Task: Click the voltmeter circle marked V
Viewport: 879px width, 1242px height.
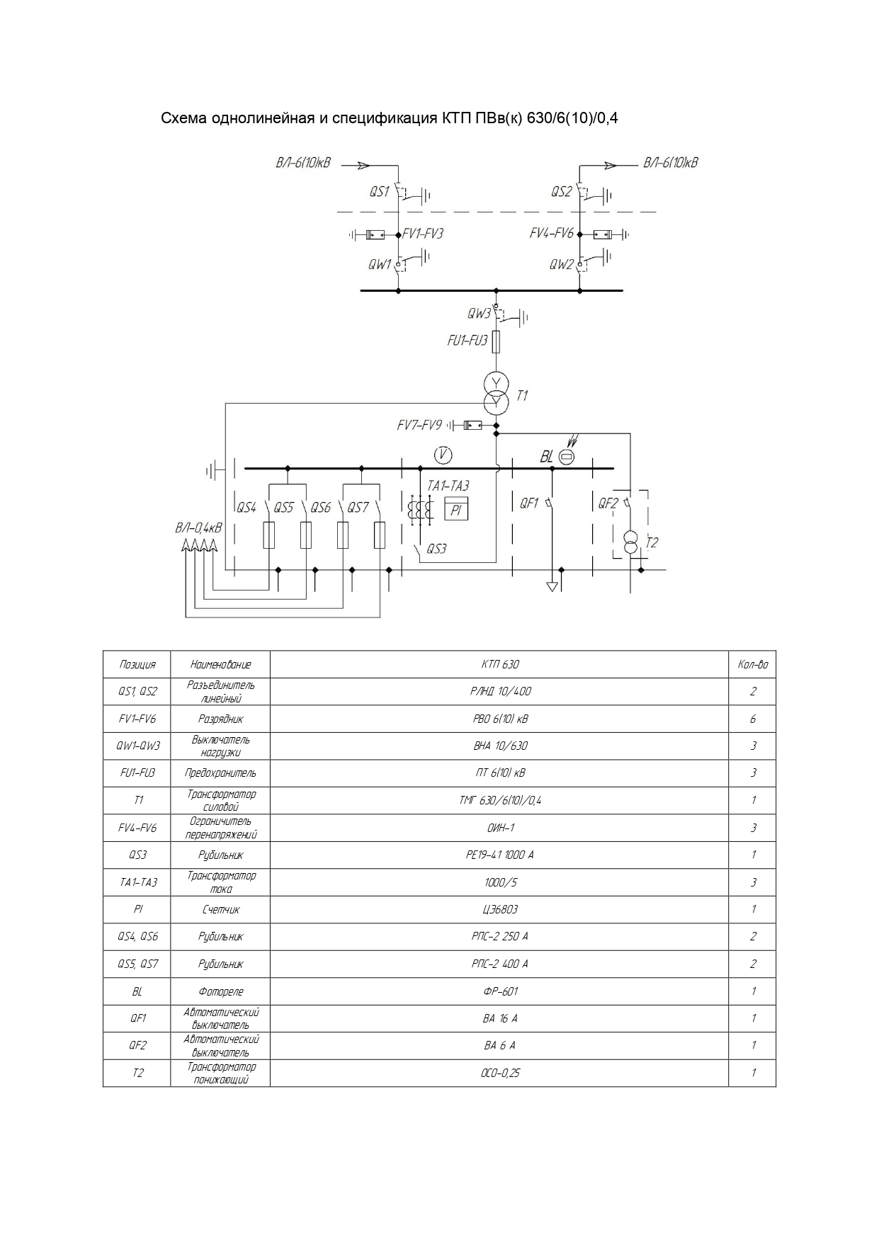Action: [x=443, y=455]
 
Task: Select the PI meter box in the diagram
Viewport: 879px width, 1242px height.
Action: [x=456, y=509]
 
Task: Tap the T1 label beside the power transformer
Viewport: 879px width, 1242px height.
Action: [x=522, y=396]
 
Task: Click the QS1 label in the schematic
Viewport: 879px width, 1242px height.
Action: [x=380, y=192]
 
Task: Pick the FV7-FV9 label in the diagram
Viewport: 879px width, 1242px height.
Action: [x=419, y=426]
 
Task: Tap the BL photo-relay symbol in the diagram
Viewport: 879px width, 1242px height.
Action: [x=567, y=457]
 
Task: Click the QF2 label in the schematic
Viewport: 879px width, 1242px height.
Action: [x=608, y=503]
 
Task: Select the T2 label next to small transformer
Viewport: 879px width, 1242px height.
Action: [x=652, y=542]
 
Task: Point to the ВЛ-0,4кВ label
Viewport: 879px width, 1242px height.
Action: [x=198, y=528]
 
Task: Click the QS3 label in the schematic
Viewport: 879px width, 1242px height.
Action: [x=436, y=549]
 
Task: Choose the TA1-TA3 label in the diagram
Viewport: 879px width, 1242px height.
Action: [x=448, y=486]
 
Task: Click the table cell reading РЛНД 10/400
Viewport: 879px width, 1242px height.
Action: [x=500, y=692]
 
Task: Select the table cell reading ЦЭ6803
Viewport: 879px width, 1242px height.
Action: [x=500, y=909]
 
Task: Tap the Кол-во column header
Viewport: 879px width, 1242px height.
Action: [x=752, y=665]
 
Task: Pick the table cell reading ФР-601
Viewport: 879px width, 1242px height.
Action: [x=500, y=991]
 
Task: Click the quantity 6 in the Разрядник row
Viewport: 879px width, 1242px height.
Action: [x=752, y=719]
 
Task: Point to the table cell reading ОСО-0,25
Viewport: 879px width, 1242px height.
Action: [x=500, y=1073]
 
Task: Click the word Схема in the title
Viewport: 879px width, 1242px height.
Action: [x=183, y=118]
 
